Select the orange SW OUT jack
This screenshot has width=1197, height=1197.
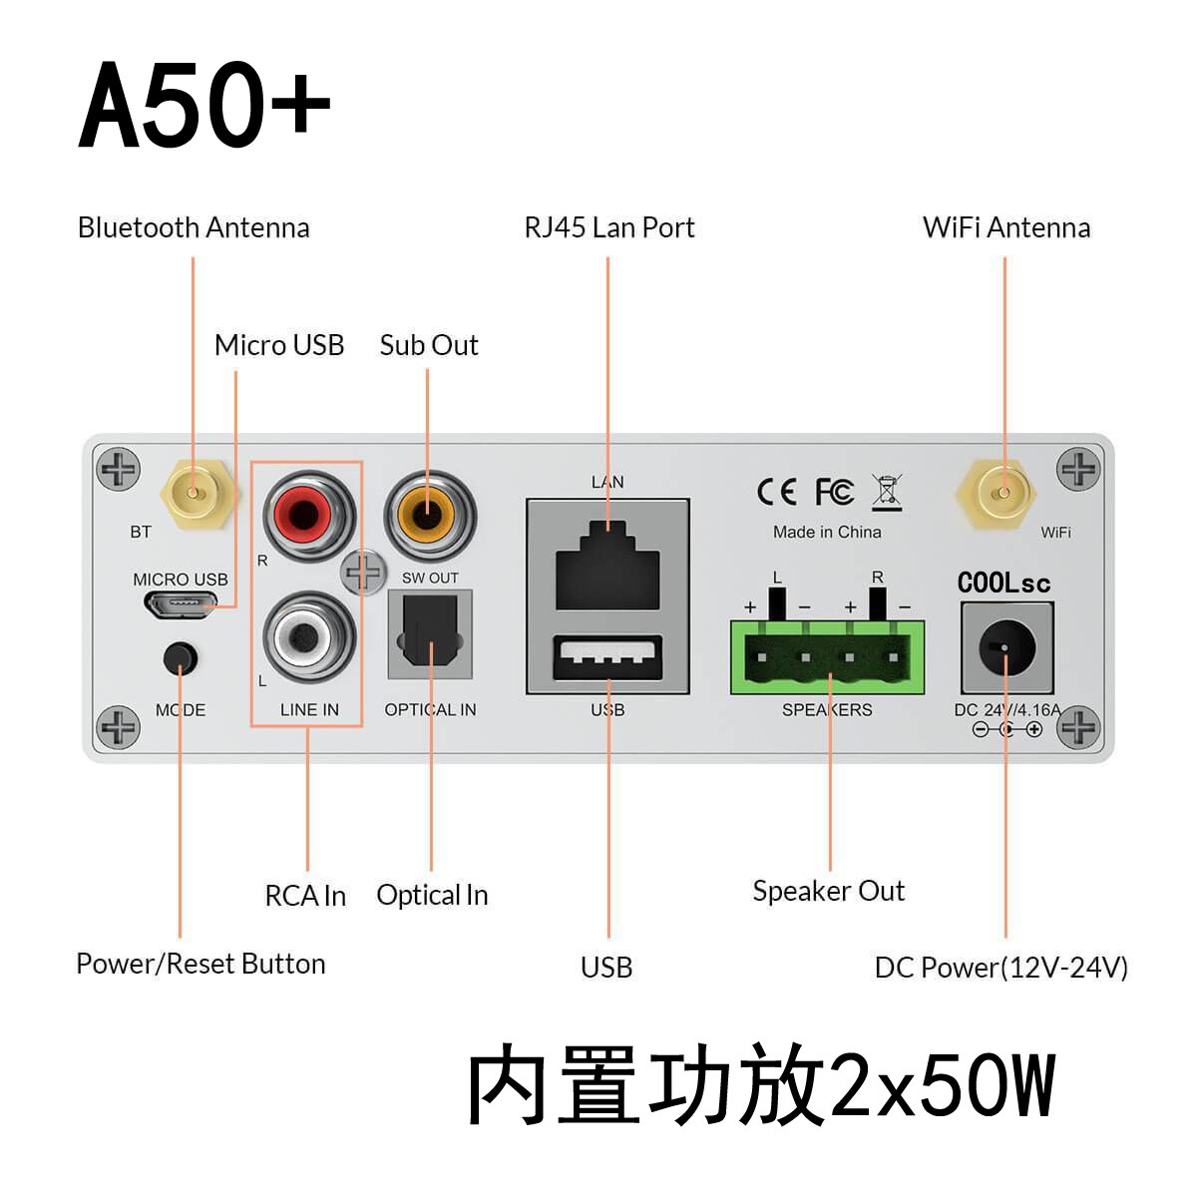pos(429,516)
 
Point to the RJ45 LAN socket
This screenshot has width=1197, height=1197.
pos(607,566)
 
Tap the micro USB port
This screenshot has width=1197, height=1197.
pos(181,603)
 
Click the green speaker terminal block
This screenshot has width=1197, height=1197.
pos(828,658)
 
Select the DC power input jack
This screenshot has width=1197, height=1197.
pos(1006,648)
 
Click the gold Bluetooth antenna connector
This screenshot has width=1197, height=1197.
pos(194,491)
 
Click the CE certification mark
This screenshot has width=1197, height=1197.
pos(776,492)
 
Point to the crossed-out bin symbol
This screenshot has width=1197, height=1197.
pos(887,492)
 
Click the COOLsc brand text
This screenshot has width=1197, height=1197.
pos(1003,583)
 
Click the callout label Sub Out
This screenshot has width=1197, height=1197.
pos(429,345)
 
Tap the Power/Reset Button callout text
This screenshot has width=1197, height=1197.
pos(200,964)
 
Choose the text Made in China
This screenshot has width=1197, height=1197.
pos(827,532)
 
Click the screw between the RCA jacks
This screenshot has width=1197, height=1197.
pos(363,573)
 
